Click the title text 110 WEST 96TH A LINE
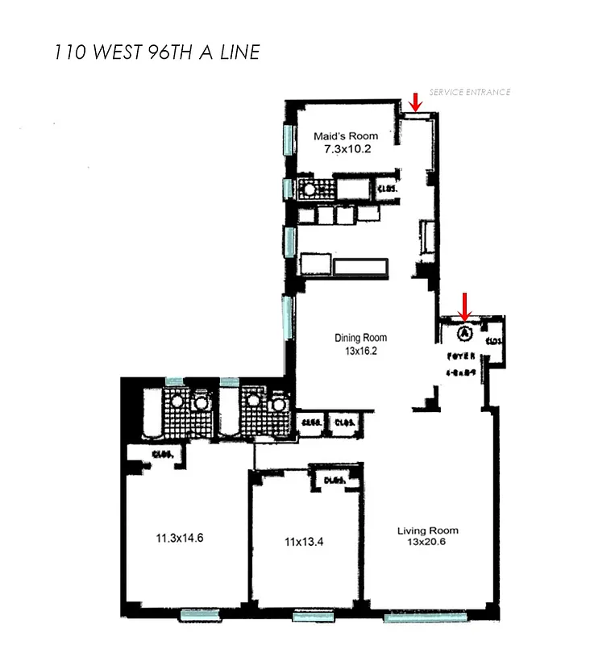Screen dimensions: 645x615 [156, 52]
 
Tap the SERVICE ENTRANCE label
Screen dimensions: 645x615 [469, 92]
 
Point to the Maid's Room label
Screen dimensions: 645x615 [346, 136]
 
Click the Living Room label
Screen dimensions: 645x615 [427, 530]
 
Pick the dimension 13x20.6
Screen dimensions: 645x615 [427, 542]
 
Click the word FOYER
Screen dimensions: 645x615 [458, 356]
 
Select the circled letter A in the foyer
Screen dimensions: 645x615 [464, 332]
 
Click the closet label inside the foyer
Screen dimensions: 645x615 [494, 342]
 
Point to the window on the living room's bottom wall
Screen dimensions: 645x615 [424, 618]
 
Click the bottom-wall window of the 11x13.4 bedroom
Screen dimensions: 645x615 [314, 617]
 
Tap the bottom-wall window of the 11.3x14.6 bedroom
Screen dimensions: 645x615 [199, 615]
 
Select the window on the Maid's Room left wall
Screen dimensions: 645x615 [289, 141]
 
